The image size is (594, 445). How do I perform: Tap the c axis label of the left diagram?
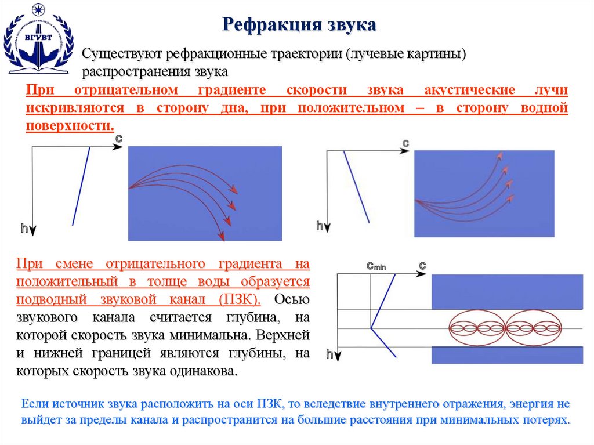[x=118, y=138]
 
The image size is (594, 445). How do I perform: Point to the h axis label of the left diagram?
[x=24, y=229]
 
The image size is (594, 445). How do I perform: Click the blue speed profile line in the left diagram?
[x=81, y=186]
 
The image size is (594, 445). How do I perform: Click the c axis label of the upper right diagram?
[x=406, y=142]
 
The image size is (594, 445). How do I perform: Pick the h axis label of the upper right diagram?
[x=319, y=226]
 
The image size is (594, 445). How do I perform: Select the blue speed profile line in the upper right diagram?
[x=356, y=186]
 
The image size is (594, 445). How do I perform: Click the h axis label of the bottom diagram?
[x=329, y=354]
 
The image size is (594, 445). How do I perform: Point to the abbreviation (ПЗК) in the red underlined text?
[x=239, y=299]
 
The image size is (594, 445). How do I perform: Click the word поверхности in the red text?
[x=68, y=126]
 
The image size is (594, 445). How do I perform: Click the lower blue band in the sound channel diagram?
[x=508, y=354]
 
